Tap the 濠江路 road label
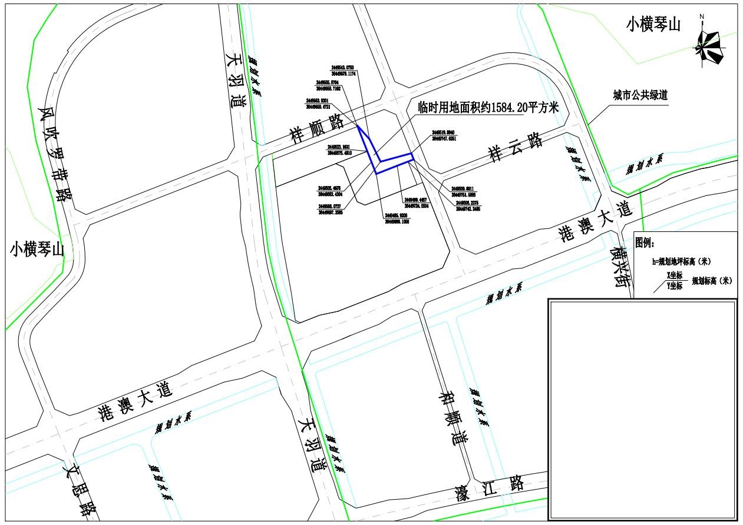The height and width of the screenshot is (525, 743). [x=488, y=488]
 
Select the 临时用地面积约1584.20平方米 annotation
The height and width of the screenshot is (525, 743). [x=488, y=107]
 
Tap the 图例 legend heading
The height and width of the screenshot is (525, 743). [x=649, y=241]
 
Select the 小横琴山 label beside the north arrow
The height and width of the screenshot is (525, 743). [x=653, y=25]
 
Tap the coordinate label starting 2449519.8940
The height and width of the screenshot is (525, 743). [x=444, y=135]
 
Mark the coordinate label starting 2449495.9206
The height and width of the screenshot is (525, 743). [x=396, y=218]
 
